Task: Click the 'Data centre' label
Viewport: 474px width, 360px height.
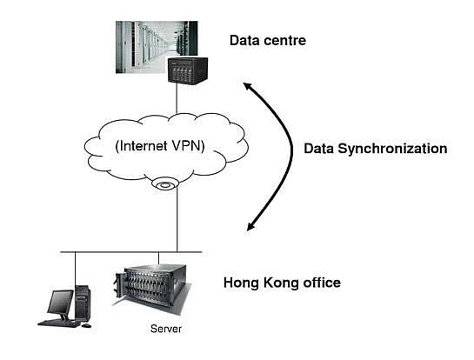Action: tap(268, 41)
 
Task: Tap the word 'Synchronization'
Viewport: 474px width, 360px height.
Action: tap(392, 149)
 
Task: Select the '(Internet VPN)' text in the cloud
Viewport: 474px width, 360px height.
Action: tap(160, 146)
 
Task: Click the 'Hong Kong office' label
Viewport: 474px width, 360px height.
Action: tap(282, 283)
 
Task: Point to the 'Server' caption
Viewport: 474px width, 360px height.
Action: tap(166, 329)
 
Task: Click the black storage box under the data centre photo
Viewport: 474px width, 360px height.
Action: tap(188, 70)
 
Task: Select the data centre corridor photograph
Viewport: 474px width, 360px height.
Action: tap(157, 47)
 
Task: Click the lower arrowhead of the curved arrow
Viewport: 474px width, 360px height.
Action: tap(250, 226)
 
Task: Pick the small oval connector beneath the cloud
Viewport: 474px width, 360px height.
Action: tap(164, 184)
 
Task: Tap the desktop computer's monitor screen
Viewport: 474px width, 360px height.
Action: tap(60, 303)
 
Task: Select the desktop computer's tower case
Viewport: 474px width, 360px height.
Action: tap(83, 303)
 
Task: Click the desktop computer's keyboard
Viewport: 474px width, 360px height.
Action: tap(59, 323)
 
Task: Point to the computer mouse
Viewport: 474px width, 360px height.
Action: tap(86, 325)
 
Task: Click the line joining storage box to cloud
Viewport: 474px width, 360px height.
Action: tap(177, 98)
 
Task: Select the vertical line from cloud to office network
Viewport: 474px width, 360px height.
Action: tap(177, 220)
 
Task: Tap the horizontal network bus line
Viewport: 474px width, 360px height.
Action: tap(131, 252)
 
